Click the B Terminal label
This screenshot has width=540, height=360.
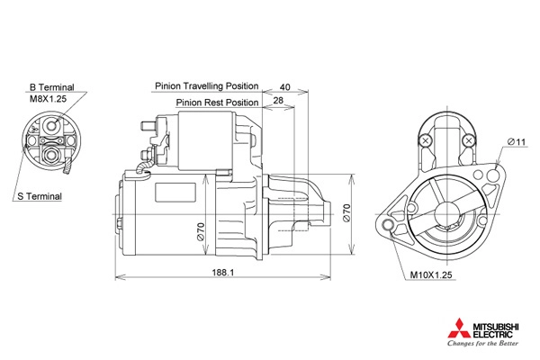point(51,87)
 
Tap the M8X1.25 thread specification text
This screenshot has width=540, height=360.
point(48,99)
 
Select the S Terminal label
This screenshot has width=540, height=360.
point(40,196)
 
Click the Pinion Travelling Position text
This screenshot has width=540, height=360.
point(207,85)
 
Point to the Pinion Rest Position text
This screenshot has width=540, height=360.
point(217,103)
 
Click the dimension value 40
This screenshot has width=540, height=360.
point(284,86)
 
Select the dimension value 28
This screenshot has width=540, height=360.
point(278,100)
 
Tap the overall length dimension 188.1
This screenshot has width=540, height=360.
point(223,273)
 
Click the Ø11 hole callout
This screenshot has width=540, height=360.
point(517,141)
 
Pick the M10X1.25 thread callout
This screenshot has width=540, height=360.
point(431,274)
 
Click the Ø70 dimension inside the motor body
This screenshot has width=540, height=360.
point(201,231)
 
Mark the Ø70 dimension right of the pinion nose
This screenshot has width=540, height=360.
point(346,213)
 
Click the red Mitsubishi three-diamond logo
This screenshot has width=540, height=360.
point(459,328)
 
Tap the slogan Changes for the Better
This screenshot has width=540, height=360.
point(482,343)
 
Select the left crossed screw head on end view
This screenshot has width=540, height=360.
point(426,140)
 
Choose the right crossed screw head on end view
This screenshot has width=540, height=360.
point(468,140)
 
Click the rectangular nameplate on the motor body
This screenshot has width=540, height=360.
point(175,193)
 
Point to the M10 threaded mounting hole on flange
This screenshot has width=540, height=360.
point(387,225)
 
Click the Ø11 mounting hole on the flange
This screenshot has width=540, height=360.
point(493,175)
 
